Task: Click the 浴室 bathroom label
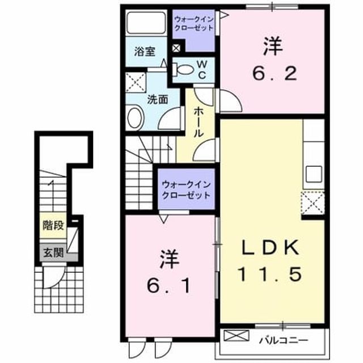[145, 52]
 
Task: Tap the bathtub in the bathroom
[146, 23]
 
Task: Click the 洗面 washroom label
[158, 100]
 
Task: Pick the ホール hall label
[199, 122]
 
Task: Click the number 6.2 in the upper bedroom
[275, 74]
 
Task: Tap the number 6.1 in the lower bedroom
[169, 286]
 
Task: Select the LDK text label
[270, 248]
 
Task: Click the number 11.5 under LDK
[270, 274]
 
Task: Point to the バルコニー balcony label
[284, 340]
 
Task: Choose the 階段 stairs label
[53, 225]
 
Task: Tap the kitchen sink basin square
[314, 174]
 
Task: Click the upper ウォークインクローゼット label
[194, 24]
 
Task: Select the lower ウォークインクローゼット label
[187, 190]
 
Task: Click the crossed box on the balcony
[237, 336]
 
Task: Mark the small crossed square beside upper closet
[176, 48]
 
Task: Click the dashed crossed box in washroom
[136, 82]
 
